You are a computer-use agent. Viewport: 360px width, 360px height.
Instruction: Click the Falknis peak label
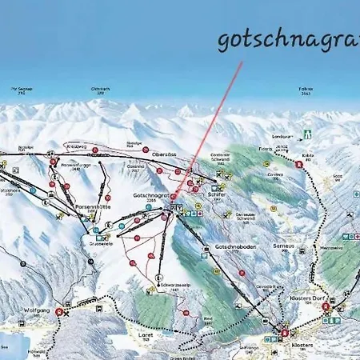pyautogui.click(x=306, y=90)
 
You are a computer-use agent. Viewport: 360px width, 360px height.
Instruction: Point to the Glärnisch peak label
pyautogui.click(x=101, y=90)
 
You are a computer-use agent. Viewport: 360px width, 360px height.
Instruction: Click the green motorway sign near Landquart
pyautogui.click(x=306, y=134)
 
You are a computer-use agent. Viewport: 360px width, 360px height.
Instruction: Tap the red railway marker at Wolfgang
pyautogui.click(x=58, y=312)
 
